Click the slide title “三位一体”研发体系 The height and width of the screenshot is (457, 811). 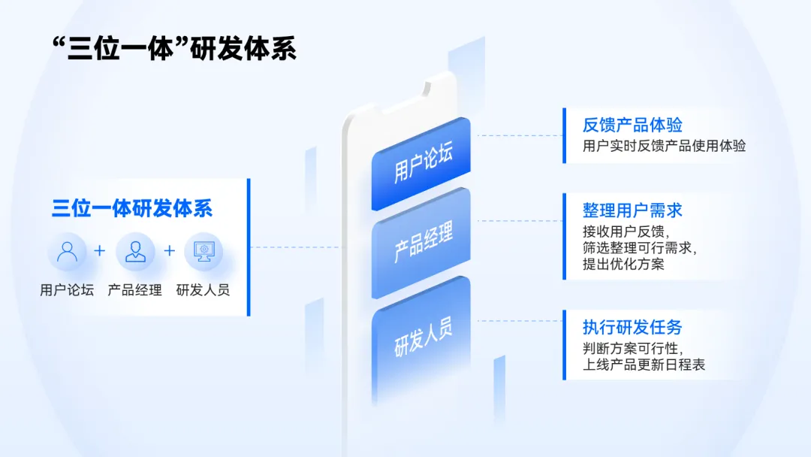pyautogui.click(x=174, y=48)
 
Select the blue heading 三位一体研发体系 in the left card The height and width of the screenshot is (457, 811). pyautogui.click(x=132, y=208)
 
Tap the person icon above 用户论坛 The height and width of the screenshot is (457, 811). pyautogui.click(x=67, y=251)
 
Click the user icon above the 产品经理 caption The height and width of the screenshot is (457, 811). pyautogui.click(x=135, y=251)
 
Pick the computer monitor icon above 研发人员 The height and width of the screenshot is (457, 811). pyautogui.click(x=204, y=251)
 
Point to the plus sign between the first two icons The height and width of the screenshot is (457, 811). pyautogui.click(x=100, y=250)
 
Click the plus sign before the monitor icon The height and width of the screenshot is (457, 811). pyautogui.click(x=169, y=250)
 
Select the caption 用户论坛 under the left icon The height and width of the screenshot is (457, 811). pyautogui.click(x=67, y=289)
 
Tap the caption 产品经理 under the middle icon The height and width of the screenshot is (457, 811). pyautogui.click(x=135, y=289)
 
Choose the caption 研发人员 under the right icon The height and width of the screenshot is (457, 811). pyautogui.click(x=204, y=289)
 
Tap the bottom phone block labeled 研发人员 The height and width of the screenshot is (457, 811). pyautogui.click(x=422, y=335)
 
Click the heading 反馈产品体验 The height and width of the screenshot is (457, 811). pyautogui.click(x=632, y=125)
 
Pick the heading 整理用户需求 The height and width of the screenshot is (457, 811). pyautogui.click(x=632, y=210)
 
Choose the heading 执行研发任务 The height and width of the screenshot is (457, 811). pyautogui.click(x=632, y=327)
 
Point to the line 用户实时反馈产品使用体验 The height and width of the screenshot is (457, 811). pyautogui.click(x=664, y=146)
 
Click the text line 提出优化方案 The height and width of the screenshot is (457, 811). pyautogui.click(x=623, y=264)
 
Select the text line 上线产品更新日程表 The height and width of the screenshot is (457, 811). pyautogui.click(x=644, y=365)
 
